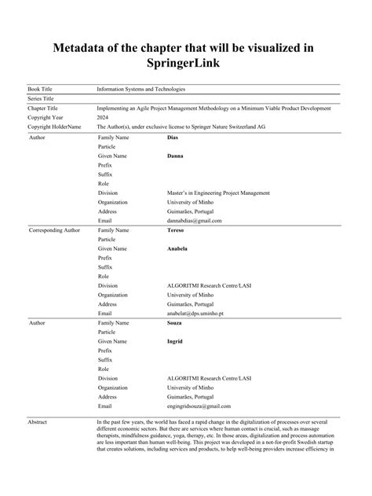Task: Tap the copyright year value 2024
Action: click(103, 117)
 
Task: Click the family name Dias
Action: click(173, 137)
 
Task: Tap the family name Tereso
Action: click(177, 230)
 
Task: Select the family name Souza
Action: click(177, 322)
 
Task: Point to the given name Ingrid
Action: click(176, 341)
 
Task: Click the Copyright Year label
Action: click(46, 117)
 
